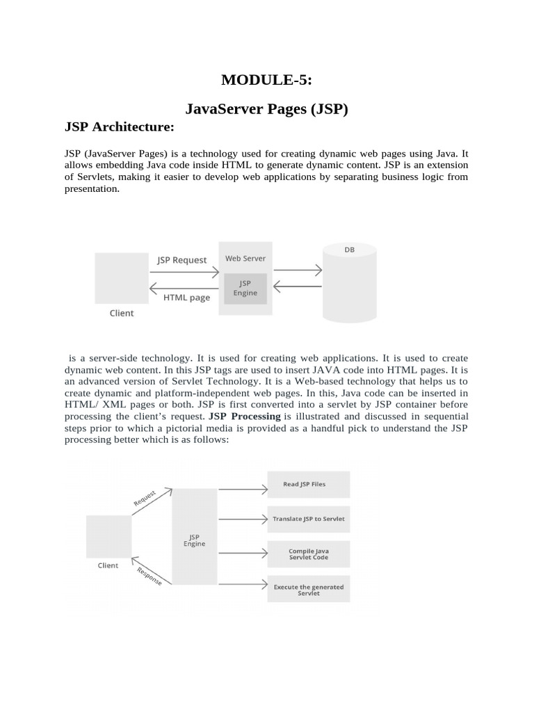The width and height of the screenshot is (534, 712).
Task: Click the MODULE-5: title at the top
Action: pos(266,80)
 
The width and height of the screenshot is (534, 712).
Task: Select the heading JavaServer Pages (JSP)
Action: pos(266,109)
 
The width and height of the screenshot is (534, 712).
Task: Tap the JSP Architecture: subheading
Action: pos(119,127)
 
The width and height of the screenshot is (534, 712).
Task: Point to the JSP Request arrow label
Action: pos(181,260)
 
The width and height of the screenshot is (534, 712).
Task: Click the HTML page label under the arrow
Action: pos(186,298)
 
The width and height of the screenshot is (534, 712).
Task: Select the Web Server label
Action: pos(245,259)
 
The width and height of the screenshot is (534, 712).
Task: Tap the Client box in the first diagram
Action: pos(122,277)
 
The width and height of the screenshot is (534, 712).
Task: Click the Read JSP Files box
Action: pos(309,484)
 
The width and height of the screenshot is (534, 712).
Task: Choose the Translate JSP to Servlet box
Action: pos(309,519)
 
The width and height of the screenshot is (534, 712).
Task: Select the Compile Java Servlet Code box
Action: pos(309,554)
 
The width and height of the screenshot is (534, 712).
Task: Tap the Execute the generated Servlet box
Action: pos(309,590)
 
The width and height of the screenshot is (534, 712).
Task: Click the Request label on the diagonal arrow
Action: pos(144,499)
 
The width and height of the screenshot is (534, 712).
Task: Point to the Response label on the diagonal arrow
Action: pos(149,576)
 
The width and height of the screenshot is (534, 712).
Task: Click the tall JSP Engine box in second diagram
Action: pos(194,537)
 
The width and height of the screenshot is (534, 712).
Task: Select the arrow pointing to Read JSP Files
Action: pos(243,489)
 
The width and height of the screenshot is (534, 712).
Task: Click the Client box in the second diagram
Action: pos(108,537)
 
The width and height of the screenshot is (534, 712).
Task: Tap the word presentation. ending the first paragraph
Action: pos(92,188)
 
